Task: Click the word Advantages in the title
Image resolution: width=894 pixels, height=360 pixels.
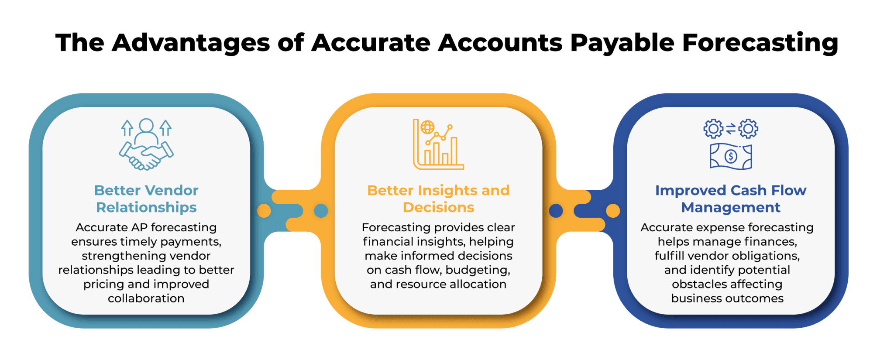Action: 191,43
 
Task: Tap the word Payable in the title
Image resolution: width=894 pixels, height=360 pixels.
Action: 622,43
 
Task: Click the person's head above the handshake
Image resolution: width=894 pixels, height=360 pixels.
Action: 146,125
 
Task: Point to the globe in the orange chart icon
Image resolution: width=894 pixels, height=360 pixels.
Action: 427,127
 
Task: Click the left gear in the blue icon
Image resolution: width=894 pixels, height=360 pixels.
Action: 713,129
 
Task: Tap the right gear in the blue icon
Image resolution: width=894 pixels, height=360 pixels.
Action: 749,129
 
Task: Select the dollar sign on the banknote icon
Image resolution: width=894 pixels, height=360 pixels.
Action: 731,156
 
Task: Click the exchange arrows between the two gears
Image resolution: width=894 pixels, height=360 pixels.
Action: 731,129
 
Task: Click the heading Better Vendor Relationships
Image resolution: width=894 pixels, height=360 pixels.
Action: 146,199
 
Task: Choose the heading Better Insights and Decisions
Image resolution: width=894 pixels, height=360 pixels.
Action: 438,199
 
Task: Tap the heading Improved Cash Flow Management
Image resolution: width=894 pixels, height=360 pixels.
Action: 731,199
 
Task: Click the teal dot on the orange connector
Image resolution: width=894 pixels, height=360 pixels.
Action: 321,211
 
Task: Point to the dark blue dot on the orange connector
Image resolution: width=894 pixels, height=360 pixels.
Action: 556,211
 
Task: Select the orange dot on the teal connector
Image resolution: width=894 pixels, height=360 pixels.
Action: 264,211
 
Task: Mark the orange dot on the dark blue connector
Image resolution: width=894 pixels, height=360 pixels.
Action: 613,211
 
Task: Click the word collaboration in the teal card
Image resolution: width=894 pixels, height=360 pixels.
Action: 146,298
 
